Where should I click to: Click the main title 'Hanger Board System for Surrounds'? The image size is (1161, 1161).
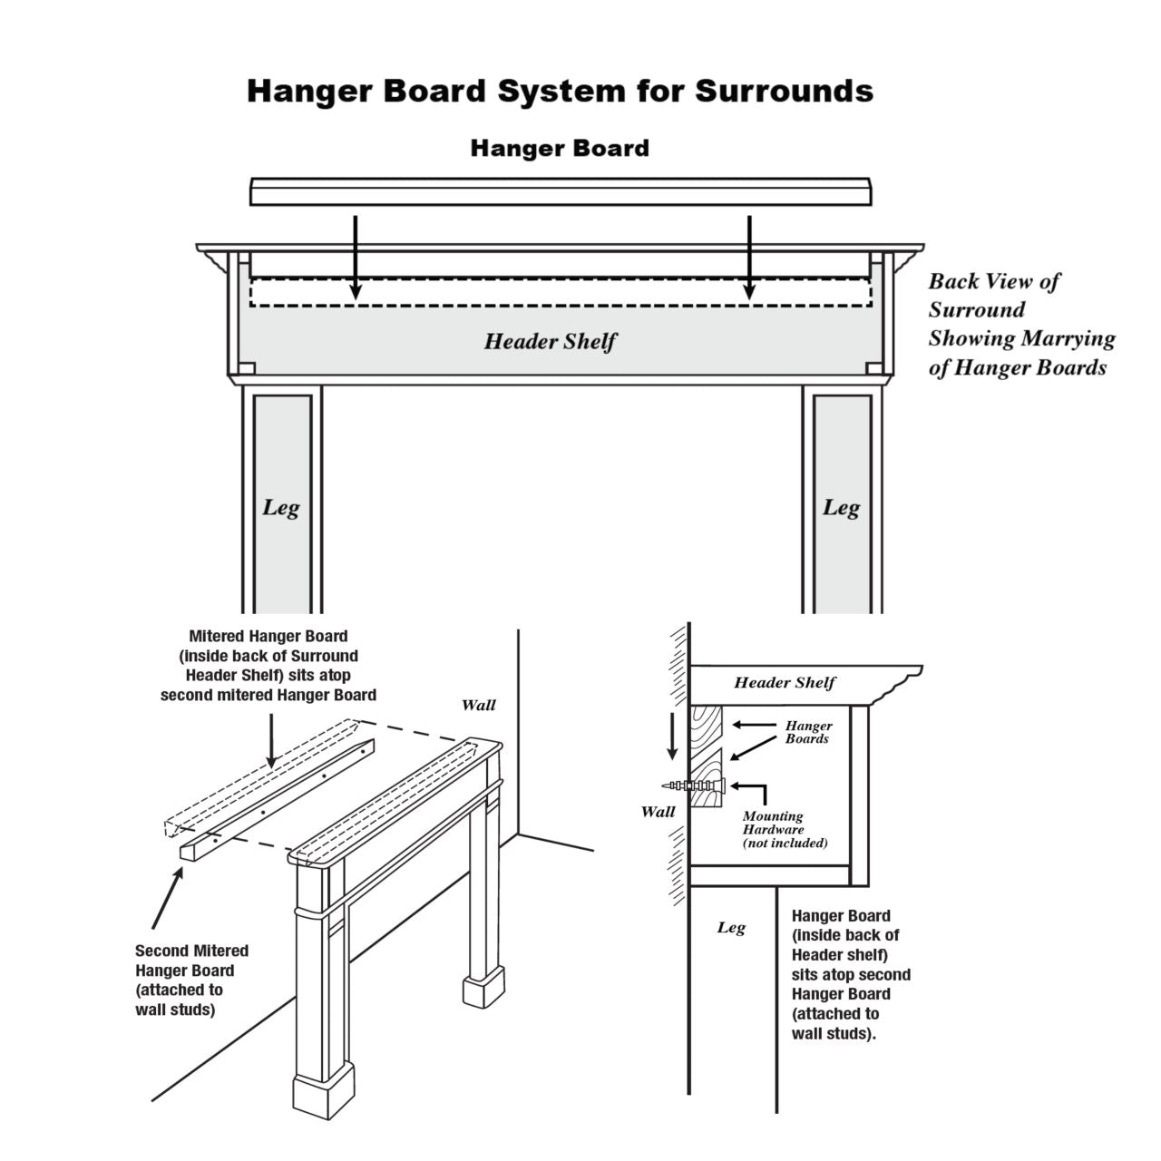560,92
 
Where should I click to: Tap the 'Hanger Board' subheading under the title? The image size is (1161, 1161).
560,148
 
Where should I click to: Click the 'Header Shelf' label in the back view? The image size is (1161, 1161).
550,342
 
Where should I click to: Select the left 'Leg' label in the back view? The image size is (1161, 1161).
280,508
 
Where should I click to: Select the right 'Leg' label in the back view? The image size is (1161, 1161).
841,508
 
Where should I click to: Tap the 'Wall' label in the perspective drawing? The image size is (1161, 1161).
479,705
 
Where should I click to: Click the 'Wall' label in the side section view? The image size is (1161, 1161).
658,811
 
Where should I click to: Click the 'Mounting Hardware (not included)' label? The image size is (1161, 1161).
785,829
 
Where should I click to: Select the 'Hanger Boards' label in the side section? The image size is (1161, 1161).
808,732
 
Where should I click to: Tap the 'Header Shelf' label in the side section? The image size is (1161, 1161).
785,683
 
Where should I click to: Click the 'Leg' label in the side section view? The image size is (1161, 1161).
731,927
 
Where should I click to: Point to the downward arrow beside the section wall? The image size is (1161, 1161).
672,737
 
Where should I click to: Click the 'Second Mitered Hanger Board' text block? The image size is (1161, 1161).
191,980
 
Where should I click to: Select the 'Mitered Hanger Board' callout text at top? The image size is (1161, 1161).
268,666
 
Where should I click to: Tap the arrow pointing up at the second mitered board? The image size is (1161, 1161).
169,897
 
